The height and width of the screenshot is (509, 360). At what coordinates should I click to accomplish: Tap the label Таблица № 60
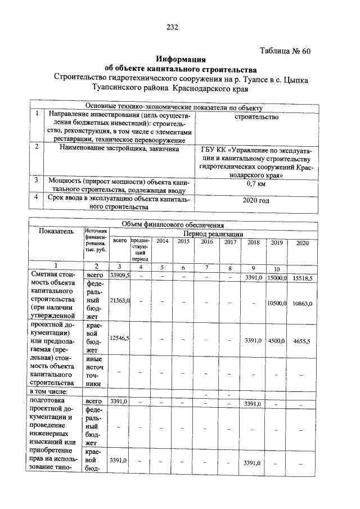coord(285,51)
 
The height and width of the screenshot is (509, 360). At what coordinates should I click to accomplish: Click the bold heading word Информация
coord(181,59)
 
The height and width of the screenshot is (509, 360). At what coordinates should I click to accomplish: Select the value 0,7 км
coord(256,183)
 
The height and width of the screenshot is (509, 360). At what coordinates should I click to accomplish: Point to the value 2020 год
coord(256,200)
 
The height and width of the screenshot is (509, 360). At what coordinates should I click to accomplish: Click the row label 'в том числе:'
coord(48,391)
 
